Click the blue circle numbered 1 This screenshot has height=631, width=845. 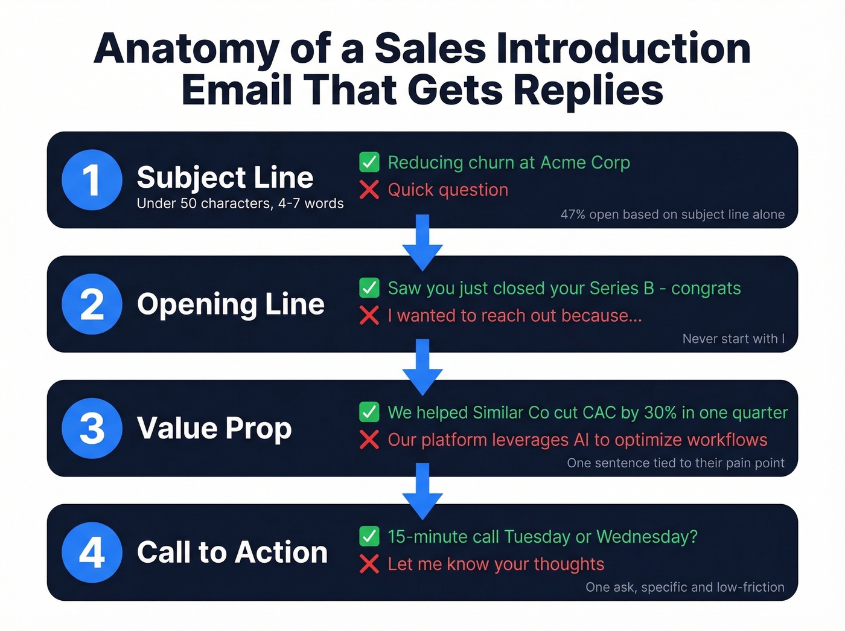click(92, 180)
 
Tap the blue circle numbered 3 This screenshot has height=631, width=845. click(92, 428)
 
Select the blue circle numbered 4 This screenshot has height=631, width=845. click(92, 553)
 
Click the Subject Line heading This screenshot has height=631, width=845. click(225, 178)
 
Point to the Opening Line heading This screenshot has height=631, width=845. click(231, 304)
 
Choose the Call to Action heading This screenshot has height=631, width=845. click(232, 552)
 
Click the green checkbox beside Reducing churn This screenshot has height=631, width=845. click(369, 162)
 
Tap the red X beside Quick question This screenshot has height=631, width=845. click(369, 190)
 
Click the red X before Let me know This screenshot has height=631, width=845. click(369, 564)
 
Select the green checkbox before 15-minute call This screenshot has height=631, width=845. click(369, 536)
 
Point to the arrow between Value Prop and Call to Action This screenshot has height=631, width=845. click(422, 491)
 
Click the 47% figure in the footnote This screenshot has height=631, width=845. click(573, 214)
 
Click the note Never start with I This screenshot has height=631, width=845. click(733, 339)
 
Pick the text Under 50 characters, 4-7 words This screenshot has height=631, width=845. click(240, 203)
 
